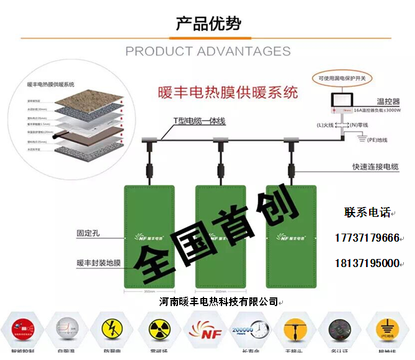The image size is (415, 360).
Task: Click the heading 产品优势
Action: pos(208,24)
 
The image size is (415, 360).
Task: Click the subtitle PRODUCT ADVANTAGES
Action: pos(208,51)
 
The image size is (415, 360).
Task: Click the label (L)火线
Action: pos(325,125)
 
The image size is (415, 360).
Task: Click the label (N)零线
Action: pos(358,125)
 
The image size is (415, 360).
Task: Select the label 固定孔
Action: pos(88,234)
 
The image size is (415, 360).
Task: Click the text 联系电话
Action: pos(368,213)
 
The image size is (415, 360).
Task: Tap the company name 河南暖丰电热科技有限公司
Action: pos(218,302)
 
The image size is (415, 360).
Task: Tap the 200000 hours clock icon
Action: pos(247,328)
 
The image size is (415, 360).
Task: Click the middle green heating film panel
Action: pos(221,235)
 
